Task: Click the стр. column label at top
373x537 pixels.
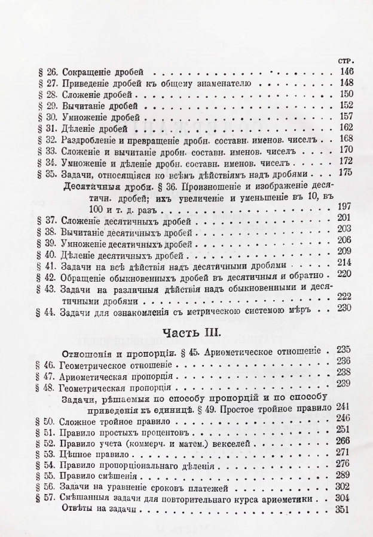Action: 346,60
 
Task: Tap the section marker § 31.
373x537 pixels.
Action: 45,128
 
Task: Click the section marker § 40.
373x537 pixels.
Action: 45,252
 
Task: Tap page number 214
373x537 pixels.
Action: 345,263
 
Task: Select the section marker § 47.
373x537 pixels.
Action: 45,378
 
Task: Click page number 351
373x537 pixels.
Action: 345,511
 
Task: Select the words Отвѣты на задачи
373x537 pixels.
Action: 98,511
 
